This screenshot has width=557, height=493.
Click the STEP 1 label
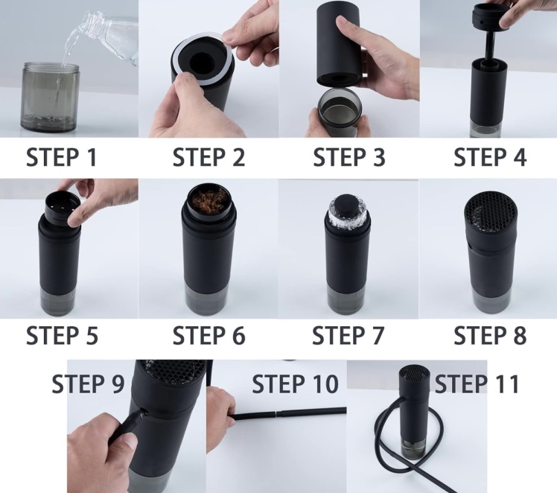coord(62,157)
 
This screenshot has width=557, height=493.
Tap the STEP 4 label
coord(490,157)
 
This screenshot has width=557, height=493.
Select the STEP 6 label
coord(209,335)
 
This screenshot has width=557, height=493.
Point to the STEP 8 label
coord(490,335)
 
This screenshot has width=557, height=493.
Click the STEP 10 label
coord(295,384)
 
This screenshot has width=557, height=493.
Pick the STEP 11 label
coord(477,384)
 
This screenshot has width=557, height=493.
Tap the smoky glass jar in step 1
coord(50,98)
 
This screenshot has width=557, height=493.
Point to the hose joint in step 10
coord(277,413)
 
